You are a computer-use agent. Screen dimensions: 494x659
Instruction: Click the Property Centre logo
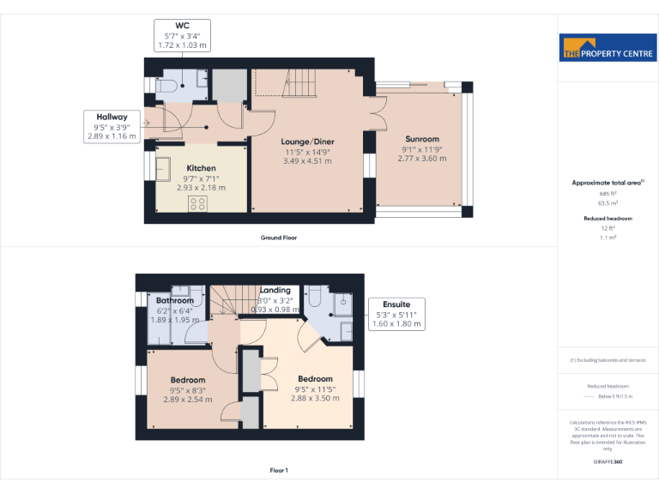[608, 49]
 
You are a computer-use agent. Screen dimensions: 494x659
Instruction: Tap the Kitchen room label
[201, 168]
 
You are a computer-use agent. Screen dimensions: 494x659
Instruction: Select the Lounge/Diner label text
[308, 142]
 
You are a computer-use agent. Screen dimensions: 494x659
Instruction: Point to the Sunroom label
[423, 139]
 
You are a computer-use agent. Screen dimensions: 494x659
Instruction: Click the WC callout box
[183, 34]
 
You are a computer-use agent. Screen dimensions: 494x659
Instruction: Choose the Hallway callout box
[112, 126]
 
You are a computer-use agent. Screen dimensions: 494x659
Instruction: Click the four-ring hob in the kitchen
[197, 203]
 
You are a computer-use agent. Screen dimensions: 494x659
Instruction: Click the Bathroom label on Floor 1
[175, 300]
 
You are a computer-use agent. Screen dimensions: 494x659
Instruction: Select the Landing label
[275, 290]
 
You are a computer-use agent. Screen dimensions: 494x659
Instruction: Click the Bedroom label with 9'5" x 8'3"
[187, 380]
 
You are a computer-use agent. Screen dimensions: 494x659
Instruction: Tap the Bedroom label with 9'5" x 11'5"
[315, 379]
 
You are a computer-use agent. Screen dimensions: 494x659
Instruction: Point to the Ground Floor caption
[279, 237]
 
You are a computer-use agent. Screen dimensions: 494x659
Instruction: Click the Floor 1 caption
[279, 470]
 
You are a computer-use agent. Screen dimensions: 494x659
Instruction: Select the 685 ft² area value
[608, 194]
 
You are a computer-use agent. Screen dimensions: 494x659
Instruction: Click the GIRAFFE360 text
[608, 462]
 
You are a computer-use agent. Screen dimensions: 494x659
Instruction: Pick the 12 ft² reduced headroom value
[608, 227]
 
